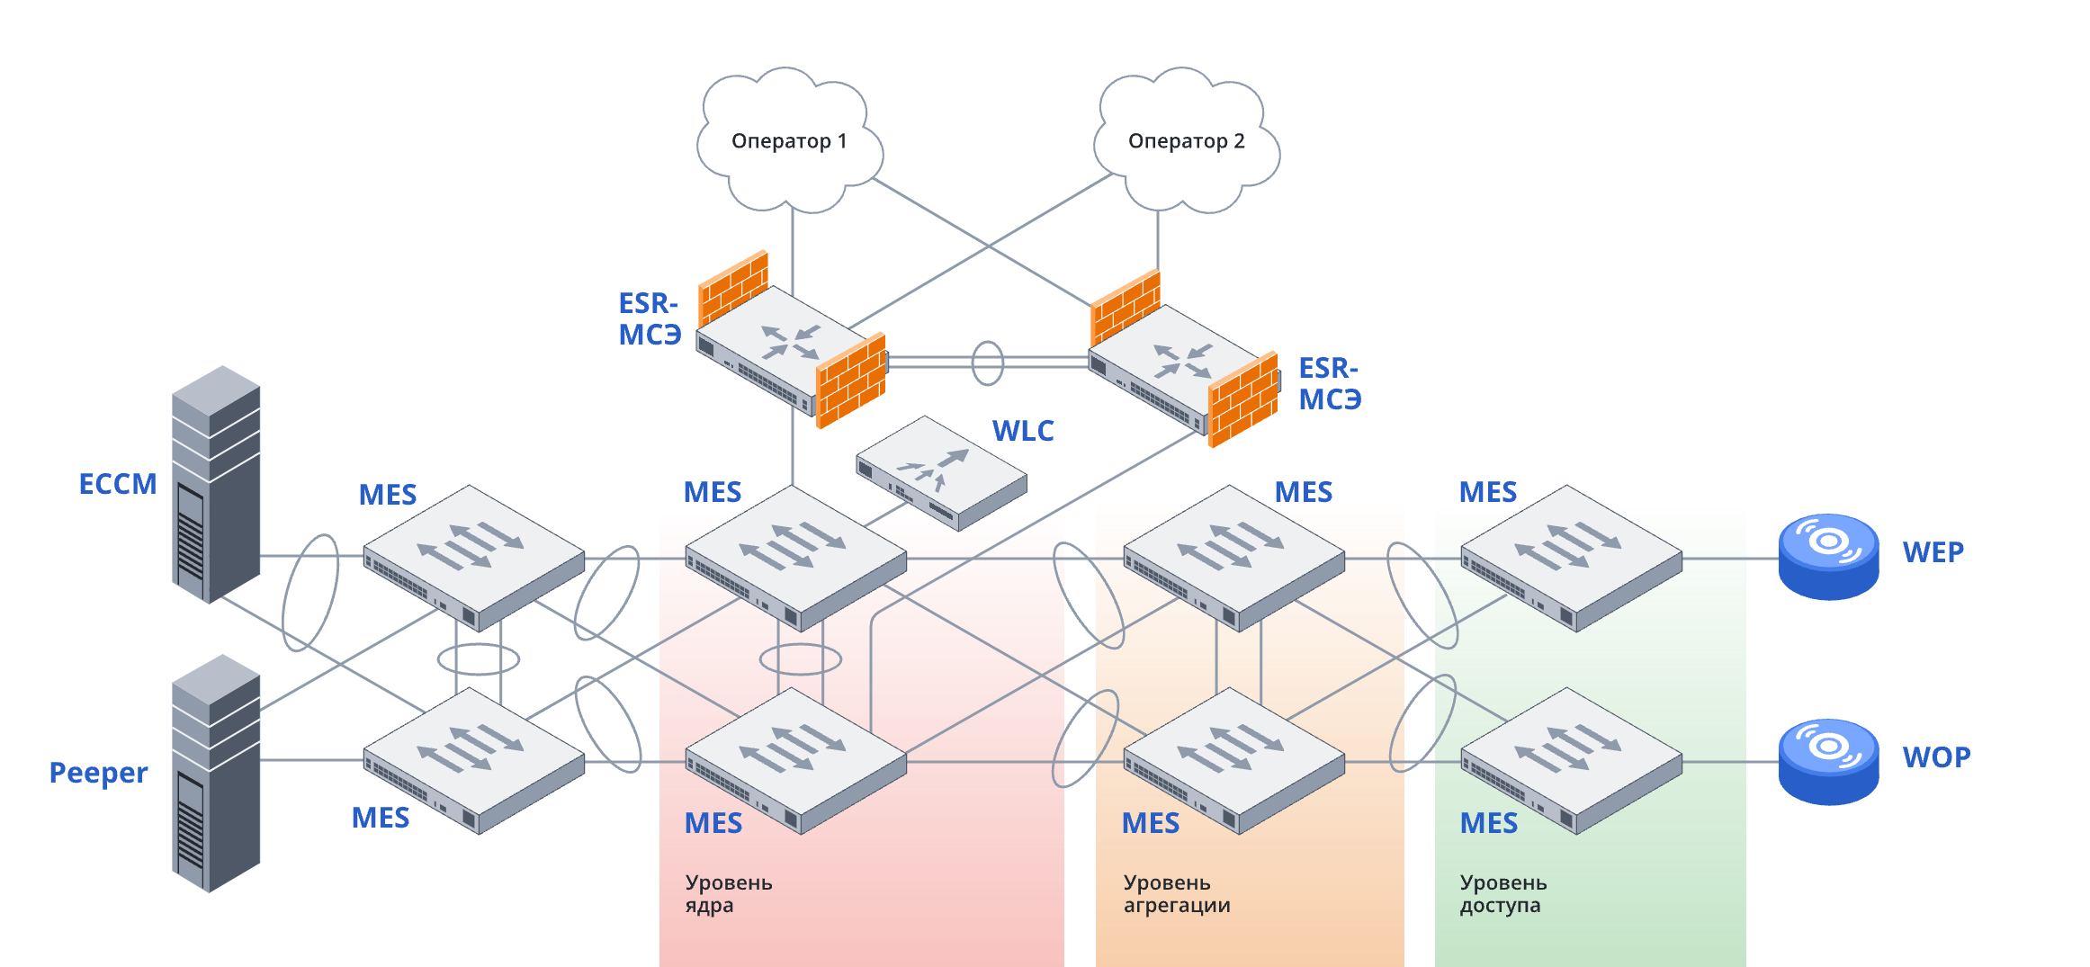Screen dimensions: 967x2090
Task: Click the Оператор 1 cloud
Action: [788, 141]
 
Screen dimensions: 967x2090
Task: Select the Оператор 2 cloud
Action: [1186, 141]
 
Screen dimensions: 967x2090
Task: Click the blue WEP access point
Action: [1828, 556]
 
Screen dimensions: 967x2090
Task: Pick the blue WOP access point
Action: [1828, 761]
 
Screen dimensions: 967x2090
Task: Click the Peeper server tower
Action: [216, 774]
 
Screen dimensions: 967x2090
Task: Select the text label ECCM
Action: [118, 485]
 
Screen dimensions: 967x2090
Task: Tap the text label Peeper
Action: [98, 773]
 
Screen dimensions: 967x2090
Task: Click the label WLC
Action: [1023, 431]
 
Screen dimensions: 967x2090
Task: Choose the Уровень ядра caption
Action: [729, 893]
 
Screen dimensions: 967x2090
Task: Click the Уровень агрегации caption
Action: [1177, 893]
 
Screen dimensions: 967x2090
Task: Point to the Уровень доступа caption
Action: [1503, 893]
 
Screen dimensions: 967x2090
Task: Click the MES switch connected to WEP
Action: [1571, 558]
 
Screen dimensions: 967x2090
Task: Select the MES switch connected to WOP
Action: [1571, 761]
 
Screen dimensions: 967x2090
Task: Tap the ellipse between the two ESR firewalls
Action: [987, 363]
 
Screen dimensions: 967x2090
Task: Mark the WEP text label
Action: [1933, 552]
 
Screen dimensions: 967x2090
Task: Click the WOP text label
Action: [1936, 757]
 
